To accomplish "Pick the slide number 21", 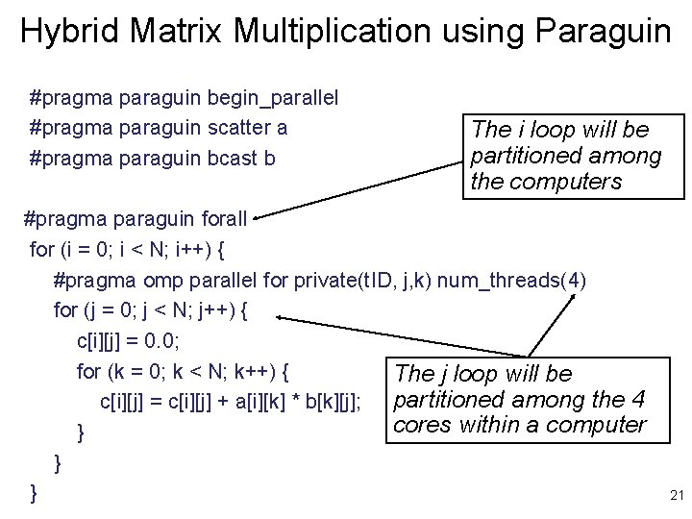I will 674,496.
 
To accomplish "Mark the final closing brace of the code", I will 35,493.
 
